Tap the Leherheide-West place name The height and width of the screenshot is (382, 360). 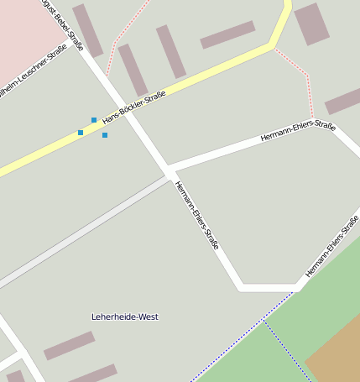[x=124, y=317]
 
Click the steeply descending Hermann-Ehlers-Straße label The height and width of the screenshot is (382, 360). [x=198, y=215]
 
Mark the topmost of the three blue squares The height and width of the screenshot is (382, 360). [x=94, y=120]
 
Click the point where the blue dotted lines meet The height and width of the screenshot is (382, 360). [x=263, y=320]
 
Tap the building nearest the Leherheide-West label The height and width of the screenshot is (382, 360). [x=69, y=345]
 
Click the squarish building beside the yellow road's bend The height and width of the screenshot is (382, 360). [x=311, y=24]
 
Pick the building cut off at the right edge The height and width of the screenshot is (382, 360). [x=344, y=101]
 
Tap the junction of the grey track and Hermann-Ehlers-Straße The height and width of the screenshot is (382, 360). [x=170, y=176]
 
